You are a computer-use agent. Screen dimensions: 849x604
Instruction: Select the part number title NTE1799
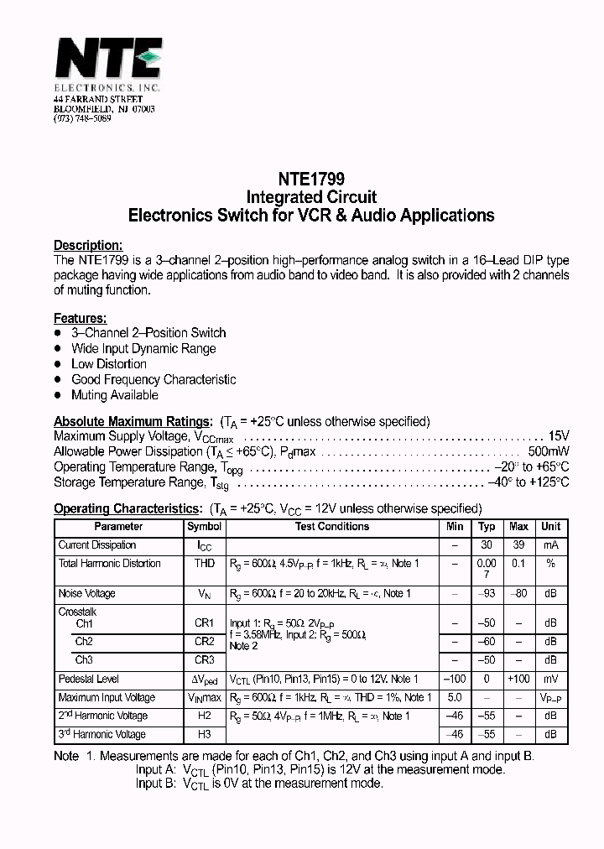[310, 179]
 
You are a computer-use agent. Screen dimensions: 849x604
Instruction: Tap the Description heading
[88, 245]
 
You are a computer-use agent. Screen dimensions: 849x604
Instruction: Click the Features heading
[80, 318]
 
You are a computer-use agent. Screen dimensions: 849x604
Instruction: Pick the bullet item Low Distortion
[108, 364]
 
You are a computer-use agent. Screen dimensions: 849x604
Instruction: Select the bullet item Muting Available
[114, 395]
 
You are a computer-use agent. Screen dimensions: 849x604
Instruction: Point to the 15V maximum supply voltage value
[559, 436]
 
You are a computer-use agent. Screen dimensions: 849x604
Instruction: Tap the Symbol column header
[204, 527]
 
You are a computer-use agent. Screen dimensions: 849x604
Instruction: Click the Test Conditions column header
[332, 527]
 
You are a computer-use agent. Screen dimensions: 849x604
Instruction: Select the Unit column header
[550, 527]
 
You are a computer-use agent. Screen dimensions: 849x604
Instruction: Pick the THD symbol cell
[204, 564]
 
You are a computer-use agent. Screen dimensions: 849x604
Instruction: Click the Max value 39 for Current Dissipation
[518, 545]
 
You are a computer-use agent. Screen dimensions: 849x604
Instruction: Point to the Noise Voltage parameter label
[86, 594]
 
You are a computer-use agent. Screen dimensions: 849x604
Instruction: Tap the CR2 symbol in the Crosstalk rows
[204, 642]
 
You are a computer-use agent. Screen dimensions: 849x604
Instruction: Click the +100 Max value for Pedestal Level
[518, 680]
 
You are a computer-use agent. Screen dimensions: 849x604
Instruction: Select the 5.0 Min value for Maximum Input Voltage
[455, 698]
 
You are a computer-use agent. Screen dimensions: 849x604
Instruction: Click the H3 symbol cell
[204, 735]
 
